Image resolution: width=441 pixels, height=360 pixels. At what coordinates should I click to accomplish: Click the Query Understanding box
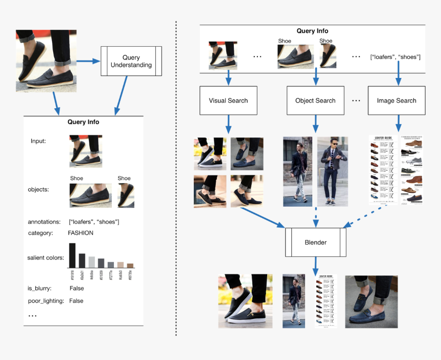131,61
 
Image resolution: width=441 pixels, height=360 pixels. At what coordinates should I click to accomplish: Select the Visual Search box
228,101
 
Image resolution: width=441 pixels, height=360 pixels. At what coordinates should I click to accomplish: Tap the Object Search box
315,101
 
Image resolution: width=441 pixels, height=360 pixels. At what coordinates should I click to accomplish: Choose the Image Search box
396,101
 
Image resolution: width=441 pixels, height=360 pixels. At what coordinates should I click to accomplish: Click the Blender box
315,242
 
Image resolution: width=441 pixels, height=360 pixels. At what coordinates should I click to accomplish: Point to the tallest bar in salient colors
72,255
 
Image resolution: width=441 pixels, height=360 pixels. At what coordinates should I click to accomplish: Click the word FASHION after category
81,233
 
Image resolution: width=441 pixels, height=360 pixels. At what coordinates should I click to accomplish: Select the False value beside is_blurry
76,288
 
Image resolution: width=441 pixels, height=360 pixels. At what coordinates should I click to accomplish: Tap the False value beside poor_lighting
76,301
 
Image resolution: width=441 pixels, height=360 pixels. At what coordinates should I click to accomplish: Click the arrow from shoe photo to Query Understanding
88,62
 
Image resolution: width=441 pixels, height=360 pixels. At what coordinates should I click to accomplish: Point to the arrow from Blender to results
315,266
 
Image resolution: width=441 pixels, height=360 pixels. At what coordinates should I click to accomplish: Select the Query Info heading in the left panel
83,122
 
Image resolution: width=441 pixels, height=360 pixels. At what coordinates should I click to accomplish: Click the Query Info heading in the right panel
312,31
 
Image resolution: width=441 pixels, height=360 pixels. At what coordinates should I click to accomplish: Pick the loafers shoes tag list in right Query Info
395,56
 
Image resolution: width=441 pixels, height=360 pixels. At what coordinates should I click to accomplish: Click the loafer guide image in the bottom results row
326,302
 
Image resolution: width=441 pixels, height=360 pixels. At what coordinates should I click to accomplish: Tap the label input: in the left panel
38,141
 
